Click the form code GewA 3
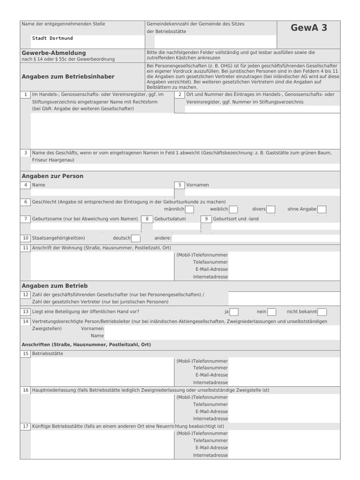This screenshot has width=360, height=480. coord(308,28)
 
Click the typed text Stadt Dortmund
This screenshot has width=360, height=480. coord(52,38)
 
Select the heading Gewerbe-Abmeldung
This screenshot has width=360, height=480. coord(54,53)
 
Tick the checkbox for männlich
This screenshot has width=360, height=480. coord(189,209)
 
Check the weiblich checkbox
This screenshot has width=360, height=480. coord(233,209)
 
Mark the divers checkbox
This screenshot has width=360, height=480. coord(270,209)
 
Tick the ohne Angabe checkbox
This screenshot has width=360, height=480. coord(322,209)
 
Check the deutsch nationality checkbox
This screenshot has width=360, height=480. coord(136,238)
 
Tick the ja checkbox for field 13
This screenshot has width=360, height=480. coord(234,312)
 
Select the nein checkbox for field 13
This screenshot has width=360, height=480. coord(272,312)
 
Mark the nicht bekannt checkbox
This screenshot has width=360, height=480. coord(322,312)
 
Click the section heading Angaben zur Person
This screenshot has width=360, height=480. coord(52,176)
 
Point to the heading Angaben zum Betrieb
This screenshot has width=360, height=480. coord(54,285)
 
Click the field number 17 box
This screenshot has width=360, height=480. coord(25,427)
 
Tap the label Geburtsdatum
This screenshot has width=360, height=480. coord(170,219)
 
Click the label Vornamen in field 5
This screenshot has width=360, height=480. coord(197,185)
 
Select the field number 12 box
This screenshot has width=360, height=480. coord(25,295)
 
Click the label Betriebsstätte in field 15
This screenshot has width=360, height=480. coord(47,353)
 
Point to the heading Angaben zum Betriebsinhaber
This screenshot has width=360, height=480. coord(68,76)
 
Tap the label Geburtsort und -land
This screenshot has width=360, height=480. coord(236,219)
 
